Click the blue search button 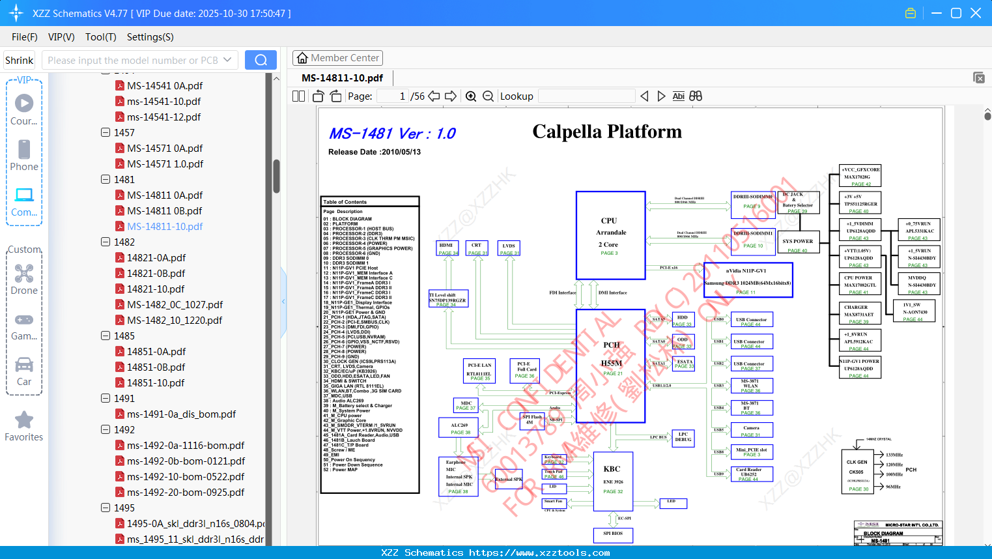tap(261, 60)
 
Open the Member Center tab tap(337, 58)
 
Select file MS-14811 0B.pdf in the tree tap(164, 210)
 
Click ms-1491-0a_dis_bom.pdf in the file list tap(181, 414)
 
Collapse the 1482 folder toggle tap(106, 242)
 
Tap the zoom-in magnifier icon tap(471, 96)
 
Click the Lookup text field tap(586, 96)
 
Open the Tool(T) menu tap(100, 37)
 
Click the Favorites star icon tap(24, 420)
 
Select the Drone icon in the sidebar tap(24, 274)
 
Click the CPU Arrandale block tap(610, 235)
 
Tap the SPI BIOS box tap(612, 534)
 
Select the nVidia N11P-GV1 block tap(748, 280)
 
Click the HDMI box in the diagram tap(447, 248)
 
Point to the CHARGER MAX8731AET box tap(859, 312)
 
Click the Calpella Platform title tap(607, 132)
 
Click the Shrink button tap(19, 60)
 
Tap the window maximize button tap(956, 13)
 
